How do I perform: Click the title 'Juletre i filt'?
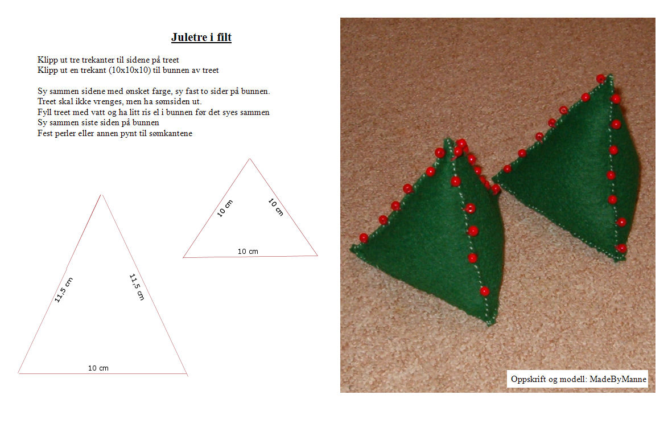coord(201,38)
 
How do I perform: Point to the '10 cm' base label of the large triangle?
coord(98,368)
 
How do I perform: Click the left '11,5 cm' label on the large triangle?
coord(63,290)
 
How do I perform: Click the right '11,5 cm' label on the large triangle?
coord(137,287)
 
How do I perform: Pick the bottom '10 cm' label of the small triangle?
coord(248,251)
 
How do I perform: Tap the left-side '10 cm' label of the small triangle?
coord(225,208)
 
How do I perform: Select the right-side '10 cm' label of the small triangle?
coord(275,207)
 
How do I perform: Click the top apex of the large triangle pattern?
coord(102,195)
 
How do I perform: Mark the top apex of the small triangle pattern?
coord(249,159)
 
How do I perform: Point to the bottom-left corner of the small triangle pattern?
coord(183,258)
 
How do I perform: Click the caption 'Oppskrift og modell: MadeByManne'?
coord(578,379)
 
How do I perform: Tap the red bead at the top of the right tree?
coord(600,79)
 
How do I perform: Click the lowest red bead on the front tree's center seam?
coord(484,291)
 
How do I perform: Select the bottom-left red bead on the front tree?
coord(364,237)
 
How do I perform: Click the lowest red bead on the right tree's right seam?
coord(621,248)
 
